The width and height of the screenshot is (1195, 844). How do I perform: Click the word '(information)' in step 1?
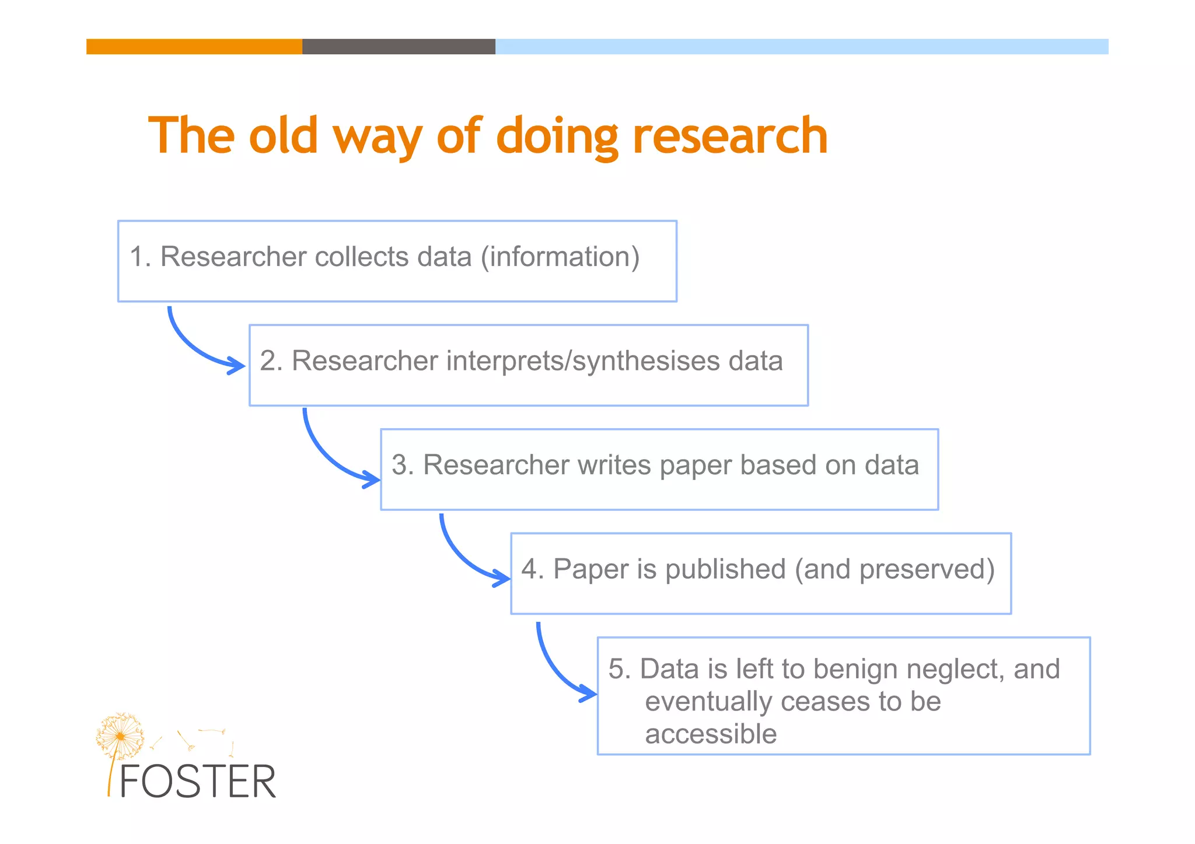[560, 257]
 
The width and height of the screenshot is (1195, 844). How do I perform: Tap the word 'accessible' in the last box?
[711, 734]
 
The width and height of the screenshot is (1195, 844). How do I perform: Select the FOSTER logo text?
[197, 782]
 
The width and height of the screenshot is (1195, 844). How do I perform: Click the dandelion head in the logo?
[120, 736]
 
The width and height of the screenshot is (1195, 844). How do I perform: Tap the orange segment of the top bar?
[194, 47]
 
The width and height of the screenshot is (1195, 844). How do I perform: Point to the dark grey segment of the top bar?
[399, 47]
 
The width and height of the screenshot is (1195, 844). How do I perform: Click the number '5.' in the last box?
[620, 669]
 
